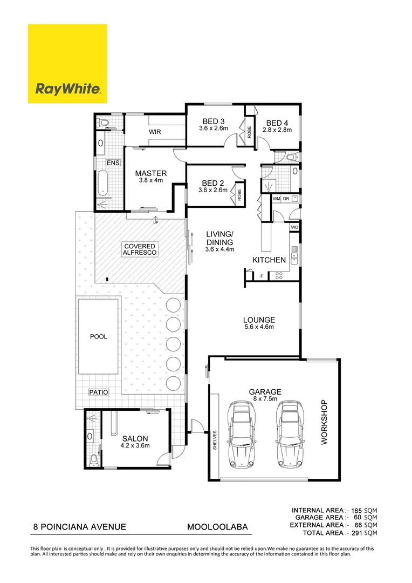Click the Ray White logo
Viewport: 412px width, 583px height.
[x=67, y=64]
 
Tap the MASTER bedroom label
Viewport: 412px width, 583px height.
[x=150, y=173]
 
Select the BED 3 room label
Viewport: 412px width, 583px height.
[x=214, y=121]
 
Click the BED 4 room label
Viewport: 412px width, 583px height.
[x=277, y=122]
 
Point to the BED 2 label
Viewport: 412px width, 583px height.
[x=214, y=183]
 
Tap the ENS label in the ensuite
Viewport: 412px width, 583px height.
[x=113, y=163]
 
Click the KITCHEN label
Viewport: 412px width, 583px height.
[x=269, y=260]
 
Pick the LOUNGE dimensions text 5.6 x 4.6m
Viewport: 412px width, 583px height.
[x=259, y=327]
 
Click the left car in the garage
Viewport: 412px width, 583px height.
[x=241, y=434]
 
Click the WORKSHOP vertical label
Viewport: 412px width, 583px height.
[x=324, y=422]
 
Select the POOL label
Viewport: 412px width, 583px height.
[x=98, y=336]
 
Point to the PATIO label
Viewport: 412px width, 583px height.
[x=98, y=392]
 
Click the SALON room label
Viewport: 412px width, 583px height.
[x=135, y=438]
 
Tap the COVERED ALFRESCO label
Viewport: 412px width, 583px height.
[x=140, y=249]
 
